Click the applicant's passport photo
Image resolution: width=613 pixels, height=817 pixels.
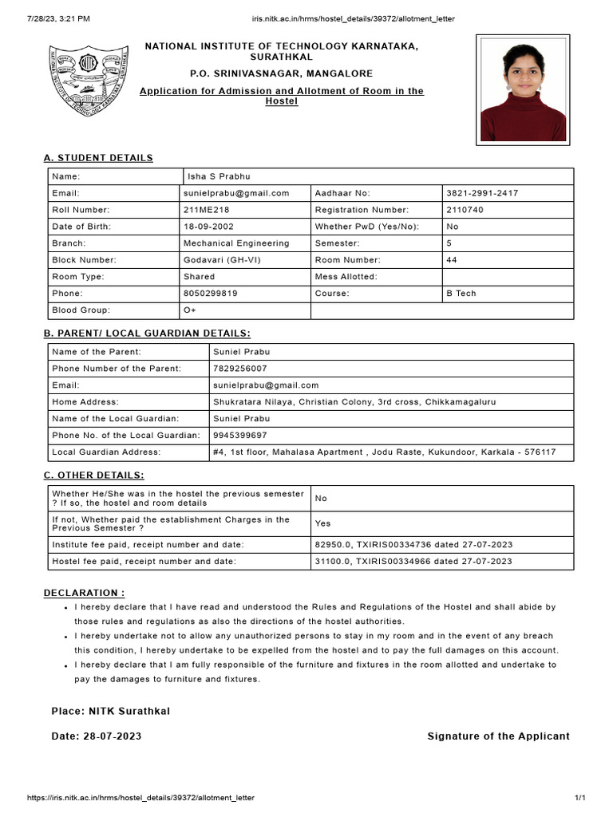[x=523, y=90]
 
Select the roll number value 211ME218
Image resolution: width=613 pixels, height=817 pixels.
[x=205, y=210]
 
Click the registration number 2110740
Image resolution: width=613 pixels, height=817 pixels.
[x=465, y=210]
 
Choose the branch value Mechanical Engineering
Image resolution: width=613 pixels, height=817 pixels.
[x=236, y=243]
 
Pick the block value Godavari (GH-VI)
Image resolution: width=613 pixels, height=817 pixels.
[x=222, y=260]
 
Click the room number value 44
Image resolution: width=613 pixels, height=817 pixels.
[x=452, y=260]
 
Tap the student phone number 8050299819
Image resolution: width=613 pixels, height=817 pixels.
[x=210, y=294]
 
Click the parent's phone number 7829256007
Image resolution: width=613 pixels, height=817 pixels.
[x=239, y=369]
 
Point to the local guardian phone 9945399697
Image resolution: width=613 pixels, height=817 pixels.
[x=239, y=436]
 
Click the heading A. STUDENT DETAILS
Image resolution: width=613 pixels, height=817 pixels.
[x=98, y=158]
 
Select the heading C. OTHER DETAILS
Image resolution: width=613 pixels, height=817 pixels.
[x=94, y=476]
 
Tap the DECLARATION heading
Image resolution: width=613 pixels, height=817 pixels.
[x=84, y=593]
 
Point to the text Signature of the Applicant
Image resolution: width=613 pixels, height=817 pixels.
[x=499, y=736]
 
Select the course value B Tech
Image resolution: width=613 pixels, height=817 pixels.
[x=461, y=294]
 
